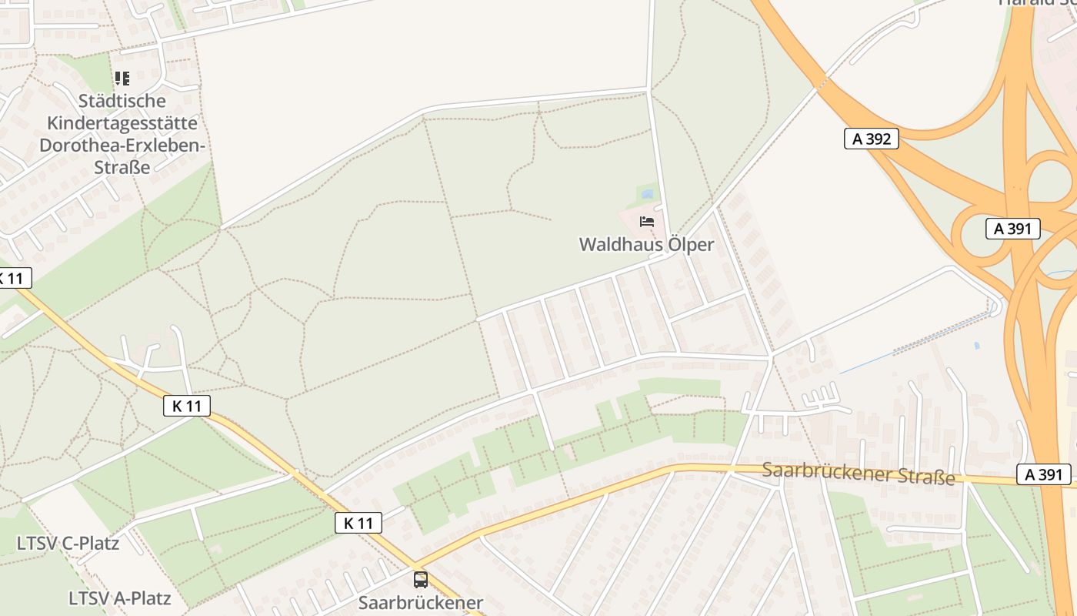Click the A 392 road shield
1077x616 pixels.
tap(871, 139)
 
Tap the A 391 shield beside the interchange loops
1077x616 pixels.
tap(1012, 229)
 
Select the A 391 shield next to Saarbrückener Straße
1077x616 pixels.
tap(1044, 475)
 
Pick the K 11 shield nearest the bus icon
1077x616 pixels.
tap(358, 524)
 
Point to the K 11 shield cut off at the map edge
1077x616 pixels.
tap(12, 278)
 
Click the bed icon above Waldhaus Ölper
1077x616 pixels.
tap(647, 222)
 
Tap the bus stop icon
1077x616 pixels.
tap(420, 579)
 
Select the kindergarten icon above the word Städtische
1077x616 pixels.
tap(122, 79)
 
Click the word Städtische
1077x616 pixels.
tap(122, 101)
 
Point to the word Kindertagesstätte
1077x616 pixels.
tap(122, 123)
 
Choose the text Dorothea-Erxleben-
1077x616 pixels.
tap(122, 146)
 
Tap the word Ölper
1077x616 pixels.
tap(691, 245)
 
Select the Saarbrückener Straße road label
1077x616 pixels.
tap(859, 473)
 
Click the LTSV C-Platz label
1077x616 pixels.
tap(68, 544)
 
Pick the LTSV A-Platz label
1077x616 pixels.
tap(119, 598)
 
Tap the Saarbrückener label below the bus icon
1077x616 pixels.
tap(420, 603)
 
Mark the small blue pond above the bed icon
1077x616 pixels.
tap(647, 194)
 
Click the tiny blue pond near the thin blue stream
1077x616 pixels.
tap(976, 346)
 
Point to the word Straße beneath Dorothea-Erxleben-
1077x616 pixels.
tap(122, 167)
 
